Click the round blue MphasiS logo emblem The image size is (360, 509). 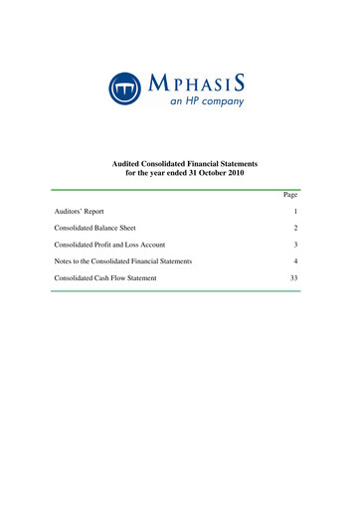[125, 85]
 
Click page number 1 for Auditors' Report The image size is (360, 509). [296, 213]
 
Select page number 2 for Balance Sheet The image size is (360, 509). [296, 229]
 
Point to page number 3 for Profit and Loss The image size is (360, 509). [296, 245]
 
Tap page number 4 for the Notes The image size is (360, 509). [296, 260]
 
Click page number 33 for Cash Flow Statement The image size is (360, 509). [294, 276]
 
